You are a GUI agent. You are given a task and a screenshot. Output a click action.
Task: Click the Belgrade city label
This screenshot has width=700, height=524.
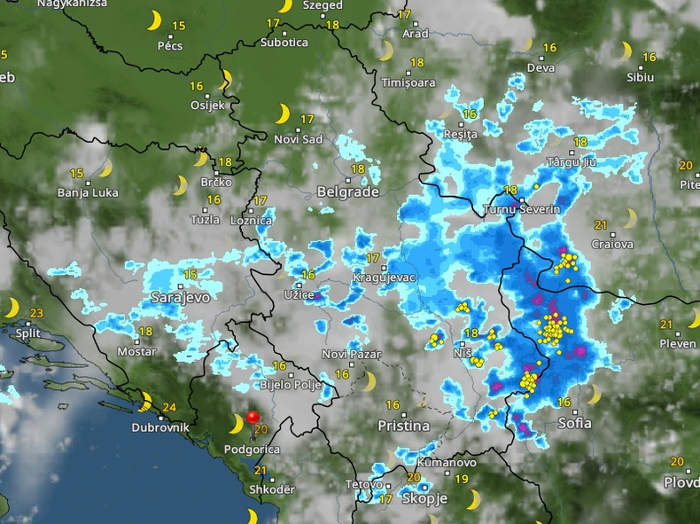click(x=348, y=192)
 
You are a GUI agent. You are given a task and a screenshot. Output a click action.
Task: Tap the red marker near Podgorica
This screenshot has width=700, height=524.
click(x=253, y=416)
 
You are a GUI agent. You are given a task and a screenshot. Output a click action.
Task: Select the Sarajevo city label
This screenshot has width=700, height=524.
click(x=180, y=297)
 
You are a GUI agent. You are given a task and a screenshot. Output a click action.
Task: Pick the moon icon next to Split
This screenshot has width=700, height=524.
click(x=12, y=309)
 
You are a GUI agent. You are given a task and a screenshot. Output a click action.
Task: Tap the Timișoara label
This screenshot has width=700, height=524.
click(x=408, y=82)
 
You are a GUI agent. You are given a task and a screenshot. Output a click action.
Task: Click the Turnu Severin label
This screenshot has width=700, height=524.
click(x=522, y=209)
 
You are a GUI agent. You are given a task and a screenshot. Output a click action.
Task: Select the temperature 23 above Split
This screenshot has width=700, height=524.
click(x=36, y=313)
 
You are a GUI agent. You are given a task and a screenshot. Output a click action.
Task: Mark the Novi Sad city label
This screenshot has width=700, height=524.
click(x=299, y=139)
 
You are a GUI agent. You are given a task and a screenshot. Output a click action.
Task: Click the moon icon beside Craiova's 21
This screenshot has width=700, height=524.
click(x=629, y=218)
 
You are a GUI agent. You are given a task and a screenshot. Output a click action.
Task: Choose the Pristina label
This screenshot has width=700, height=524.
click(x=403, y=426)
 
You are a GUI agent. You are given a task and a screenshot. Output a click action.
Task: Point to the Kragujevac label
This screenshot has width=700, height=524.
click(x=385, y=278)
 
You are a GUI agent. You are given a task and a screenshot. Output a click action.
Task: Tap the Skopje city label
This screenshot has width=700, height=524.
click(x=424, y=499)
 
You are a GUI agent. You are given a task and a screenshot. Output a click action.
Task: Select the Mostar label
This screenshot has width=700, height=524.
click(x=136, y=352)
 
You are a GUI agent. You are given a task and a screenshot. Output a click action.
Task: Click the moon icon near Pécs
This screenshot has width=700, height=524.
click(x=155, y=20)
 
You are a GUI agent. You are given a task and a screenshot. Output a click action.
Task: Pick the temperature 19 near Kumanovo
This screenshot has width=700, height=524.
click(x=461, y=480)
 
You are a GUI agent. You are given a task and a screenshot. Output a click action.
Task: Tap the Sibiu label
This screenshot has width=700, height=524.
click(x=640, y=77)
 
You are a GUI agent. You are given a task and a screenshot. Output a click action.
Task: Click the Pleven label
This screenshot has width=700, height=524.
click(x=679, y=343)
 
